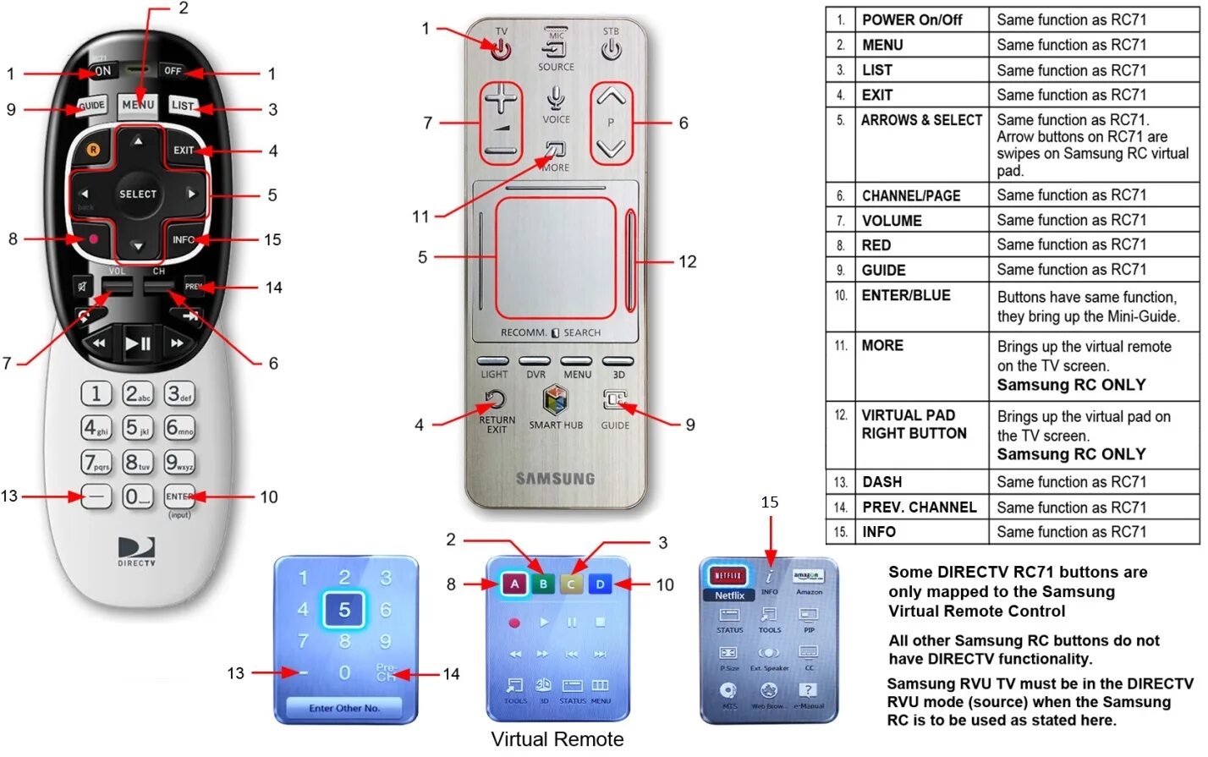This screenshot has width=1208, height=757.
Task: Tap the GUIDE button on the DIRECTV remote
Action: tap(91, 107)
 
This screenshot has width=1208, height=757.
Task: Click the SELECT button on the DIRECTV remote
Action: tap(138, 194)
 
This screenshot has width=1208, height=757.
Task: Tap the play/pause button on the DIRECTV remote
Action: tap(138, 343)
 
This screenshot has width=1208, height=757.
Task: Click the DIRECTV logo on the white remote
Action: tap(136, 551)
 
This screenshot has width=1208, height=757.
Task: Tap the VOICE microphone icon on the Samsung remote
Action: tap(556, 98)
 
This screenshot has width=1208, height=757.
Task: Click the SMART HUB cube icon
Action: tap(555, 400)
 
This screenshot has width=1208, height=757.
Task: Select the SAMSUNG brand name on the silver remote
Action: tap(556, 479)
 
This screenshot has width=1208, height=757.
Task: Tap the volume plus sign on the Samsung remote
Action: tap(501, 100)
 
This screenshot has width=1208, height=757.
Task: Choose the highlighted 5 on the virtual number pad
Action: tap(344, 610)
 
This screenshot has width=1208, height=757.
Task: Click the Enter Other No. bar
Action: tap(344, 708)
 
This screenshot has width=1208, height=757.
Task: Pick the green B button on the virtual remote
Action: tap(543, 584)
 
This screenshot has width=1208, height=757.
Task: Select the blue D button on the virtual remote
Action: tap(600, 584)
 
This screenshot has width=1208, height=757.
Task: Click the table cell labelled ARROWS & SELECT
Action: tap(921, 120)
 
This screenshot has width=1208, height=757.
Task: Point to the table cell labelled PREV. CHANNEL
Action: tap(919, 507)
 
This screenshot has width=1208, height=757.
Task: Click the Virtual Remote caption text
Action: tap(557, 739)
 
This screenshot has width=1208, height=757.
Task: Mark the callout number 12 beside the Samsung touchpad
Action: tap(688, 261)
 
